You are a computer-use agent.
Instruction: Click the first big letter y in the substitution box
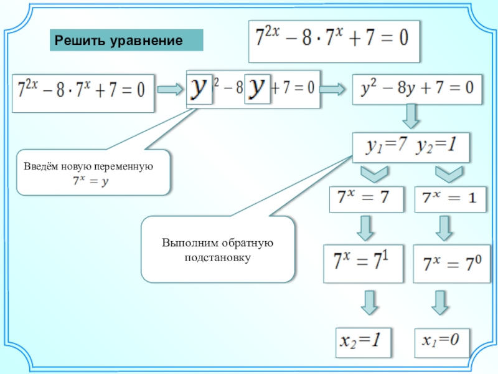coord(200,89)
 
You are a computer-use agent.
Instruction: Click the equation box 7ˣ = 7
coord(363,198)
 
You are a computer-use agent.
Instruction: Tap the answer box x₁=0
coord(441,340)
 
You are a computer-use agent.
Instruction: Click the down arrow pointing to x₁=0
coord(441,303)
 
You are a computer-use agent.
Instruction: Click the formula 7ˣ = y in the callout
coord(88,181)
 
